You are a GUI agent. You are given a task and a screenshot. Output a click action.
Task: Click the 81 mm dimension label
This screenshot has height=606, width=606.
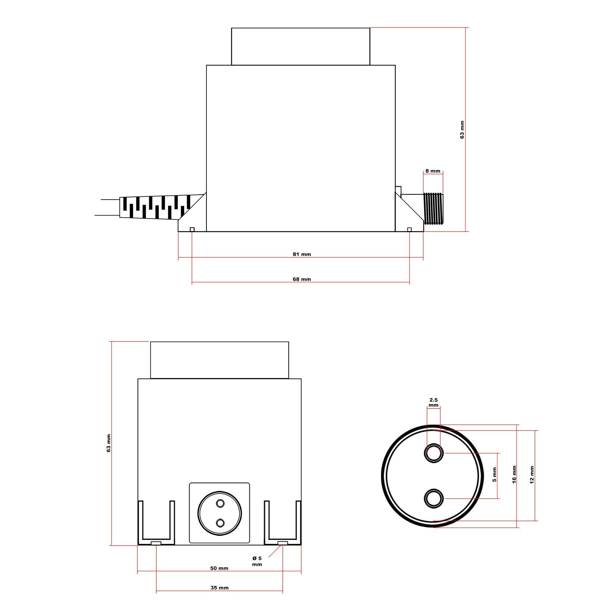coord(301,254)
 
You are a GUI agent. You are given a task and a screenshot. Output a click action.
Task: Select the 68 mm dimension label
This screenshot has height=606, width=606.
coord(301,279)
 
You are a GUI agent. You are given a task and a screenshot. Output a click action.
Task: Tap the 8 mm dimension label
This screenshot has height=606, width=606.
coord(433,171)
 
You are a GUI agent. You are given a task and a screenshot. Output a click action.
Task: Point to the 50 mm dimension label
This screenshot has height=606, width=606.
coord(219,568)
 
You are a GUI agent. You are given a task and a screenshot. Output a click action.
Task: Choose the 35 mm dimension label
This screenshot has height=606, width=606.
coord(220,588)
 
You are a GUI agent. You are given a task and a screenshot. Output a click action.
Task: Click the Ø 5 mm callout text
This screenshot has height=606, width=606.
coord(257,561)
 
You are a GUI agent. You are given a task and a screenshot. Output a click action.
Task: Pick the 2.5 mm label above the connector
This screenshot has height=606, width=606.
coord(434,403)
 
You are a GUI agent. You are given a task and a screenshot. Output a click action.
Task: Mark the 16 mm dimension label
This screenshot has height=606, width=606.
coord(514,474)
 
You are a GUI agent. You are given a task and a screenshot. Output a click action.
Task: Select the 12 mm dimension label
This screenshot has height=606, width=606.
coord(532,475)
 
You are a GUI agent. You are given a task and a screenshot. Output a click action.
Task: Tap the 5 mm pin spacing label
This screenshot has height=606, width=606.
coord(494,475)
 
